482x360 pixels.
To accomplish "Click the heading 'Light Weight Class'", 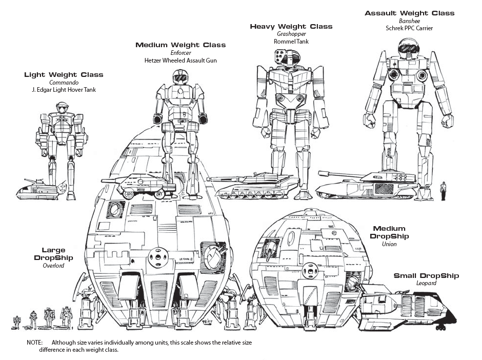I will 64,75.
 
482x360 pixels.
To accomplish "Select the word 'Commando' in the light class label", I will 63,83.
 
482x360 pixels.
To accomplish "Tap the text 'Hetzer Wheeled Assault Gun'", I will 180,61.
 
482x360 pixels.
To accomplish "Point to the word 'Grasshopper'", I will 291,34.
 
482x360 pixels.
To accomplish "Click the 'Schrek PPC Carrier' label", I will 409,28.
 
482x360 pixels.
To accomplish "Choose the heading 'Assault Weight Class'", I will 409,13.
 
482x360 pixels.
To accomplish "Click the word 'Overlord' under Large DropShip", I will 53,266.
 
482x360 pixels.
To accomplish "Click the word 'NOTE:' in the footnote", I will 36,343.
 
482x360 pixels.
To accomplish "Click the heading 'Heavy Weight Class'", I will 291,26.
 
